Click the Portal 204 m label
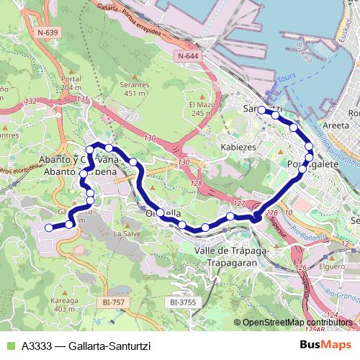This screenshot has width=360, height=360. click(x=71, y=83)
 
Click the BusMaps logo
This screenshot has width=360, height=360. click(x=326, y=345)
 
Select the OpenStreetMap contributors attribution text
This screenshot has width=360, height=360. click(x=297, y=322)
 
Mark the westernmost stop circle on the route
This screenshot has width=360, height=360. click(x=50, y=228)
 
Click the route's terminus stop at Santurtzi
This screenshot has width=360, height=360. click(x=261, y=111)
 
